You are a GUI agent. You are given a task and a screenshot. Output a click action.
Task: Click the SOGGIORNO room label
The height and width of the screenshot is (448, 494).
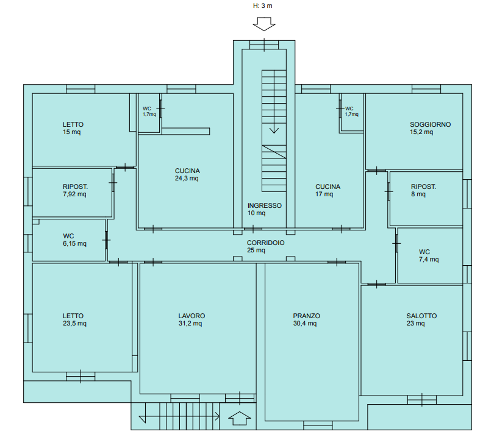[430, 124]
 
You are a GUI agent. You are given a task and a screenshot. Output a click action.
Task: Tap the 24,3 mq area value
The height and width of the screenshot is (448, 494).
[187, 179]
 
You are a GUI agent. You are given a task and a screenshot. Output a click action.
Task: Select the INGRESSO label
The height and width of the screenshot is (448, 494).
[264, 205]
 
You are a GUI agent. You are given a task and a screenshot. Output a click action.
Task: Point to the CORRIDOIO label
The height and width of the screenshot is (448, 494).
[265, 243]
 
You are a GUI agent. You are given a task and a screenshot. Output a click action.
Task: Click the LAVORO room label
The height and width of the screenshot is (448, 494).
[192, 316]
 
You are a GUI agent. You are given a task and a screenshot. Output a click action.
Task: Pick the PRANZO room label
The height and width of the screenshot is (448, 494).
[306, 316]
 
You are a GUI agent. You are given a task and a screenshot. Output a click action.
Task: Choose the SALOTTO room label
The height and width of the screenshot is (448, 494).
[421, 316]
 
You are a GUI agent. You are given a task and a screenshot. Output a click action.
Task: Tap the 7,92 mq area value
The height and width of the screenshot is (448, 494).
[74, 194]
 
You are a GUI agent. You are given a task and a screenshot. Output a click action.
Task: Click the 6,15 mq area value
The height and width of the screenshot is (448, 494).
[74, 244]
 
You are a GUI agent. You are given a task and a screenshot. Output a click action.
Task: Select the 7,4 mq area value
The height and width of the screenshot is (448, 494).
[429, 260]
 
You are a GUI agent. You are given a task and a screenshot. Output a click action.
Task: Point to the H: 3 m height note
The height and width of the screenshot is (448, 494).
[263, 5]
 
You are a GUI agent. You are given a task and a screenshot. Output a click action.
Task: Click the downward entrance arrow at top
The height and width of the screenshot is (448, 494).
[264, 24]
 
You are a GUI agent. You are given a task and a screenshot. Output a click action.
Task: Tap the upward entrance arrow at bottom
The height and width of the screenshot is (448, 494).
[240, 418]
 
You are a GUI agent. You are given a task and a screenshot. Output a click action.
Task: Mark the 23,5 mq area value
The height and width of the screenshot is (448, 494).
[74, 323]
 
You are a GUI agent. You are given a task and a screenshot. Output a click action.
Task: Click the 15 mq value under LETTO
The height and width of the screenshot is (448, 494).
[71, 132]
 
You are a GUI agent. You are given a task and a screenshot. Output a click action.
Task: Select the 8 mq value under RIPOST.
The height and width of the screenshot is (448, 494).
[418, 194]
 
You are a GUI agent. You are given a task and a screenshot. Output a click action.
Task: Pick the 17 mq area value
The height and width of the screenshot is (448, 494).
[324, 194]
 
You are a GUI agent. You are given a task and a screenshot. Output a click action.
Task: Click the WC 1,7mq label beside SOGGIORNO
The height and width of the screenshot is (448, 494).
[352, 112]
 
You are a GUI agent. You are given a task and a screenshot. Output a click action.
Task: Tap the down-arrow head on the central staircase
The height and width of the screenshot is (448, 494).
[274, 130]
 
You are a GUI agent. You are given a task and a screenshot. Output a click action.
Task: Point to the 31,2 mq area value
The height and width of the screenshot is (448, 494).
[190, 323]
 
